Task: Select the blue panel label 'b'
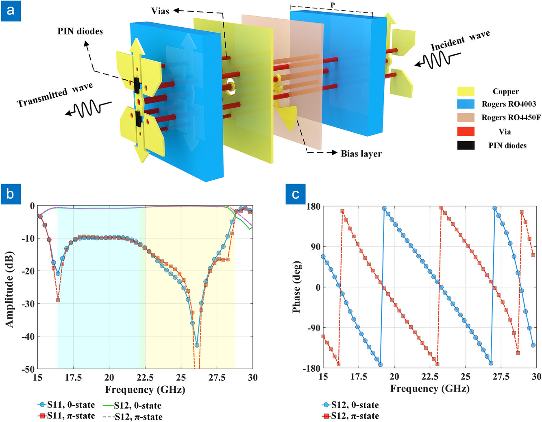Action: point(11,194)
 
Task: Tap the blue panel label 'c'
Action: point(296,194)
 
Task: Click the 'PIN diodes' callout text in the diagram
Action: point(80,31)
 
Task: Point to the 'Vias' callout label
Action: point(160,11)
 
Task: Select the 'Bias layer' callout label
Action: point(361,154)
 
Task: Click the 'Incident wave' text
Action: point(460,41)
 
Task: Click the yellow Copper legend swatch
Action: point(466,91)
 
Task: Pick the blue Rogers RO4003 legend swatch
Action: point(466,104)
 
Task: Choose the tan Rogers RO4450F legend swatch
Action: point(466,117)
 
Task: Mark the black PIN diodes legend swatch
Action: point(466,145)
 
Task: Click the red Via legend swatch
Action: point(466,131)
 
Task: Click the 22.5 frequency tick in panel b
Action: point(145,378)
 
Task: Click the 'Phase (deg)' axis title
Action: point(296,287)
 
